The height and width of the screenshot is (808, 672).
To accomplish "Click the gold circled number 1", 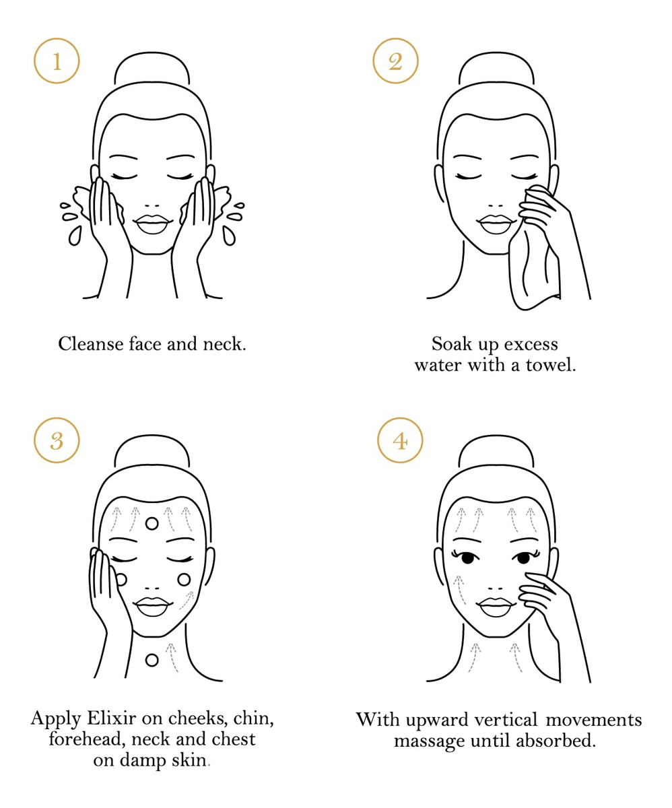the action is [x=57, y=61].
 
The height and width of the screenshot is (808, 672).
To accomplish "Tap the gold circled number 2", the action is [x=395, y=61].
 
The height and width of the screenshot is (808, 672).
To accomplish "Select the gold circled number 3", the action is [x=57, y=440].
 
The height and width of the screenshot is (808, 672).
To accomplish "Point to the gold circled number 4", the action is [x=400, y=440].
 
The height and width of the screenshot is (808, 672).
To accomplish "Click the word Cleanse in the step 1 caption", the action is [x=91, y=343].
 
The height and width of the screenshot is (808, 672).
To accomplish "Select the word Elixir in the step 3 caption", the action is [x=112, y=718].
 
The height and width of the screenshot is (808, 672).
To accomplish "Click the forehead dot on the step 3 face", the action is [x=152, y=524].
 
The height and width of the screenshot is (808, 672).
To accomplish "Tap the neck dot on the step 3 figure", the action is [x=152, y=660].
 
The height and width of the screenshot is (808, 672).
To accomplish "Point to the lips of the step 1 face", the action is [x=152, y=224].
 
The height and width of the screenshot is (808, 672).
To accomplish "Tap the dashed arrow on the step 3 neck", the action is [x=172, y=657].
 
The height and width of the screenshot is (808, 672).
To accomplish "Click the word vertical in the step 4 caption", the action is [x=506, y=720].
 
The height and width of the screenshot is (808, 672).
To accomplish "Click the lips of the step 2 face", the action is [x=496, y=224].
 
